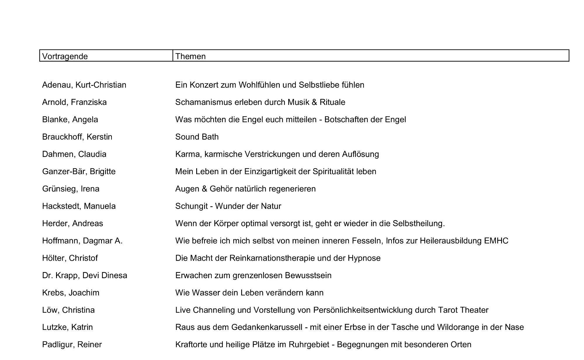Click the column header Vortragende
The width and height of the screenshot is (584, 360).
click(x=65, y=56)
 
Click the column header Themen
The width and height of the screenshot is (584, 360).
click(x=190, y=56)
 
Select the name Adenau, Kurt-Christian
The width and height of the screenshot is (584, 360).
click(x=84, y=85)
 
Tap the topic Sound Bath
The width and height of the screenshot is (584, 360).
click(x=197, y=137)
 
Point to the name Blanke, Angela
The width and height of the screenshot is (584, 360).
click(x=70, y=120)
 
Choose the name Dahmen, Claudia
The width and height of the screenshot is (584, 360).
click(x=74, y=154)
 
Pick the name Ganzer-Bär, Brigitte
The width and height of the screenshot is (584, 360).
click(x=79, y=172)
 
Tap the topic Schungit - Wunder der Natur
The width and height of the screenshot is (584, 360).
click(x=228, y=206)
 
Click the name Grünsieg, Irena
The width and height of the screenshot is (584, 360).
click(x=71, y=189)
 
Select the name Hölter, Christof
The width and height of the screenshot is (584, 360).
click(x=70, y=258)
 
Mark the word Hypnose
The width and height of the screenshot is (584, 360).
click(x=364, y=258)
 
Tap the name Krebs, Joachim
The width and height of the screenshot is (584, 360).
click(x=71, y=293)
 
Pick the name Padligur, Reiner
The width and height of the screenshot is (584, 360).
click(x=72, y=345)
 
